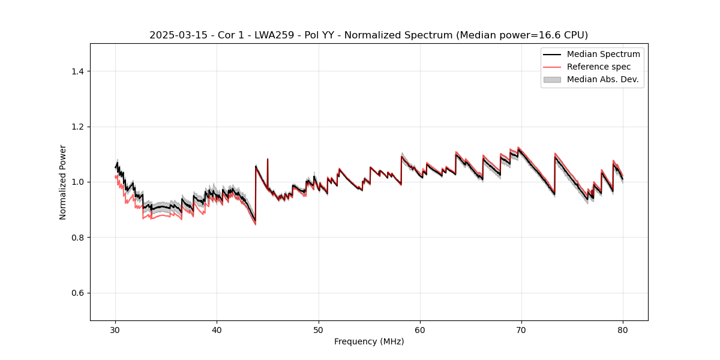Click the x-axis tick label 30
pos(116,329)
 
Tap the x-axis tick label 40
pos(217,329)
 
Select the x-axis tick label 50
pos(319,329)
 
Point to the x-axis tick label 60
pos(420,329)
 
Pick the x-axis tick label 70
pos(521,329)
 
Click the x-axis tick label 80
pos(623,329)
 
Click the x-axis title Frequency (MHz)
pos(369,341)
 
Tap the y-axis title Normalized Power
pos(63,182)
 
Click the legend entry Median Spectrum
pos(603,54)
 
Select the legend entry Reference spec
pos(599,67)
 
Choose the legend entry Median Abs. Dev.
pos(602,79)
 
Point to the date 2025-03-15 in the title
pos(177,35)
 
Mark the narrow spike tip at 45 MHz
pos(268,159)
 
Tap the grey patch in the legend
pos(552,79)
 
